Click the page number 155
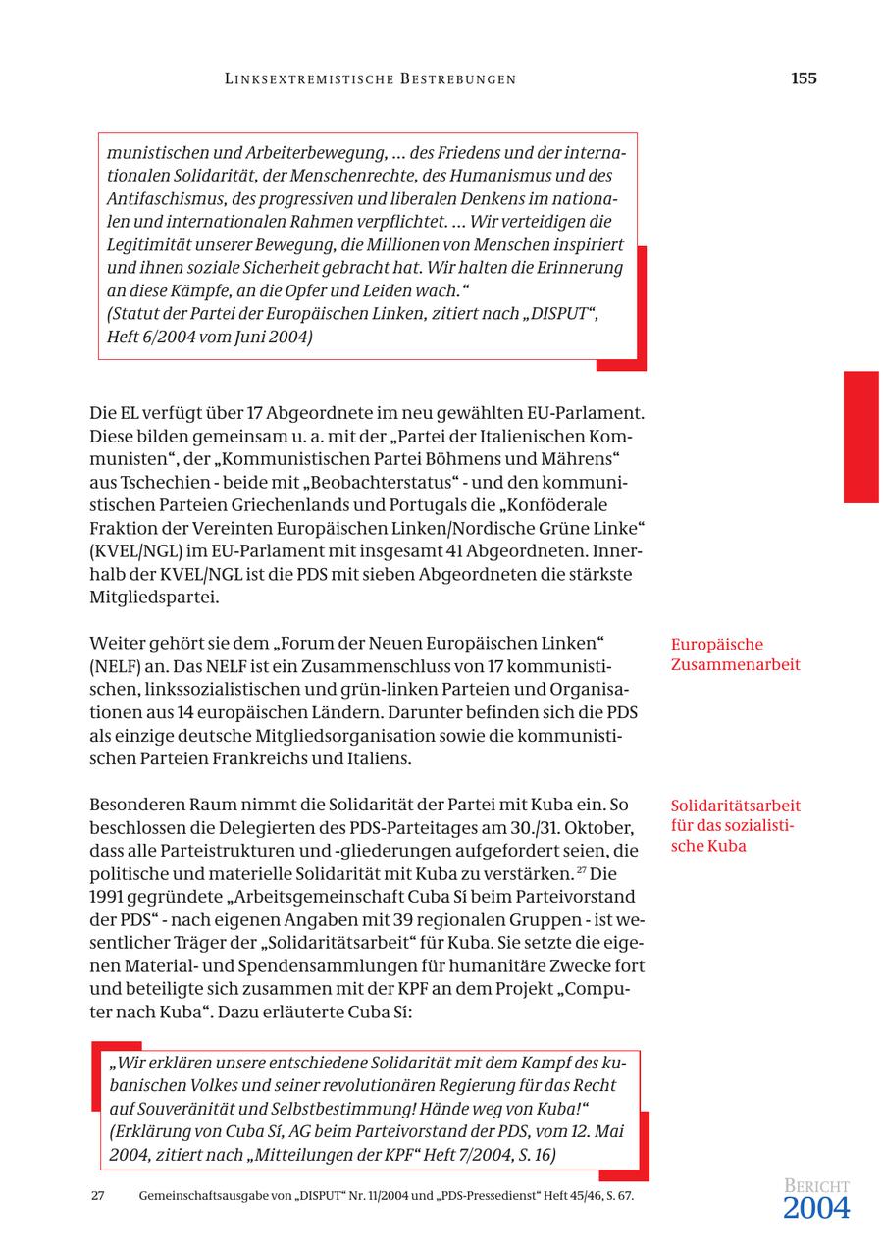803,78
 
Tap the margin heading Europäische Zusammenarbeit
735,654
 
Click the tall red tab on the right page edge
860,437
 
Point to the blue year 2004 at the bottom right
815,1209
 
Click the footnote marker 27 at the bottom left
98,1196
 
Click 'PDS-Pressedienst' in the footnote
485,1196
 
